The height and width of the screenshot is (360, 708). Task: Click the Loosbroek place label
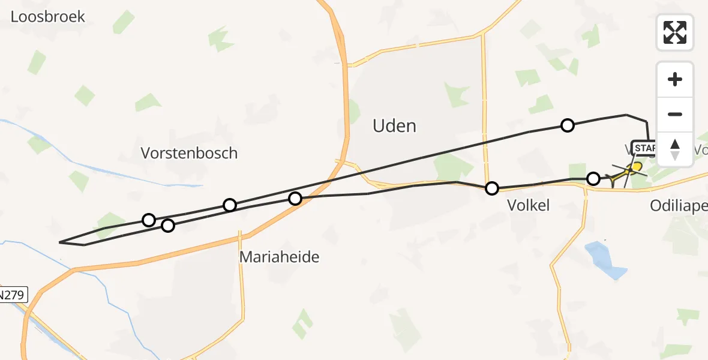48,16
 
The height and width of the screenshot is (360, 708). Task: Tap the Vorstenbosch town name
189,153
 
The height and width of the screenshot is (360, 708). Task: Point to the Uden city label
394,126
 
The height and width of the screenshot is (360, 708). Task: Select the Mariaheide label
279,257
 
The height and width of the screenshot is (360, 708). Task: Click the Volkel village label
528,206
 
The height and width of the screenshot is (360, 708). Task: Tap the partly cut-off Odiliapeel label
679,206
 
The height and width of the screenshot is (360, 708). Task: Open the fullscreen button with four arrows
675,32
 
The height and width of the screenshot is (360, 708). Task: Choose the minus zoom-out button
675,115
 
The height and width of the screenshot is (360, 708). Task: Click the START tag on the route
644,148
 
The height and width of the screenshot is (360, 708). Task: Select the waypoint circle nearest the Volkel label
492,188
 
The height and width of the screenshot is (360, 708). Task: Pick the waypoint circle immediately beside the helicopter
593,178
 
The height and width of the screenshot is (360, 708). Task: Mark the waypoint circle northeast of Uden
567,125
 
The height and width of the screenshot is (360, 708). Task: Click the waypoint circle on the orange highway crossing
295,198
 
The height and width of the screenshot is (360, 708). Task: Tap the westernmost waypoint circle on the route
149,220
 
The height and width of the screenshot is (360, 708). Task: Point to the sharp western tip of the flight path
61,242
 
